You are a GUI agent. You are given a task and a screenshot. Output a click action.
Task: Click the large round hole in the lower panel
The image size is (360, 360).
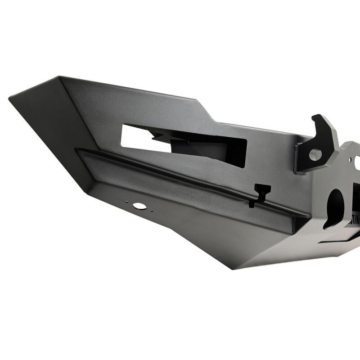pos(139,206)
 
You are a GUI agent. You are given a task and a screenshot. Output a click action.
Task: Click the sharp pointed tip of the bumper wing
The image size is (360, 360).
pos(10,96)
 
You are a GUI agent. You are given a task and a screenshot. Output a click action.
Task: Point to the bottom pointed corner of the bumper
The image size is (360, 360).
pos(233,269)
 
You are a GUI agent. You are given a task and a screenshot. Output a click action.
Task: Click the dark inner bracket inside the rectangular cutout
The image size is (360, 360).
pos(198,148)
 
